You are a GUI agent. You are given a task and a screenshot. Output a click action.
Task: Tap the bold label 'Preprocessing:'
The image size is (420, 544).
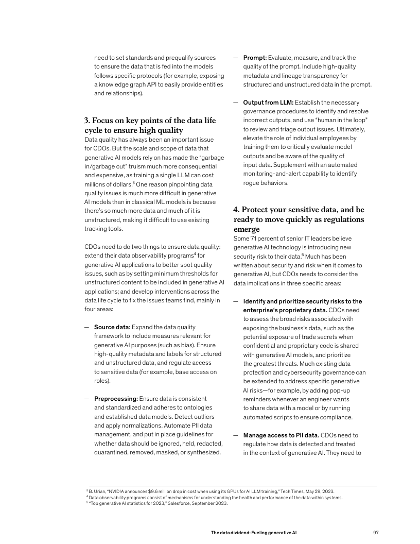(115, 399)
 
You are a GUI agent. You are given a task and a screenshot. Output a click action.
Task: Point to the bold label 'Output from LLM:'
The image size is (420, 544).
(268, 103)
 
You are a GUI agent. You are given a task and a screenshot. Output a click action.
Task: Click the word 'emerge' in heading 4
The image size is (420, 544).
(247, 228)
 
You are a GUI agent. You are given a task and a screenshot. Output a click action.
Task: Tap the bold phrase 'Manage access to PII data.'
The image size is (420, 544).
(281, 435)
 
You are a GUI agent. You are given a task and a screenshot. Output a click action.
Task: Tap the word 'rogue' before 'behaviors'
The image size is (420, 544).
(252, 183)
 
